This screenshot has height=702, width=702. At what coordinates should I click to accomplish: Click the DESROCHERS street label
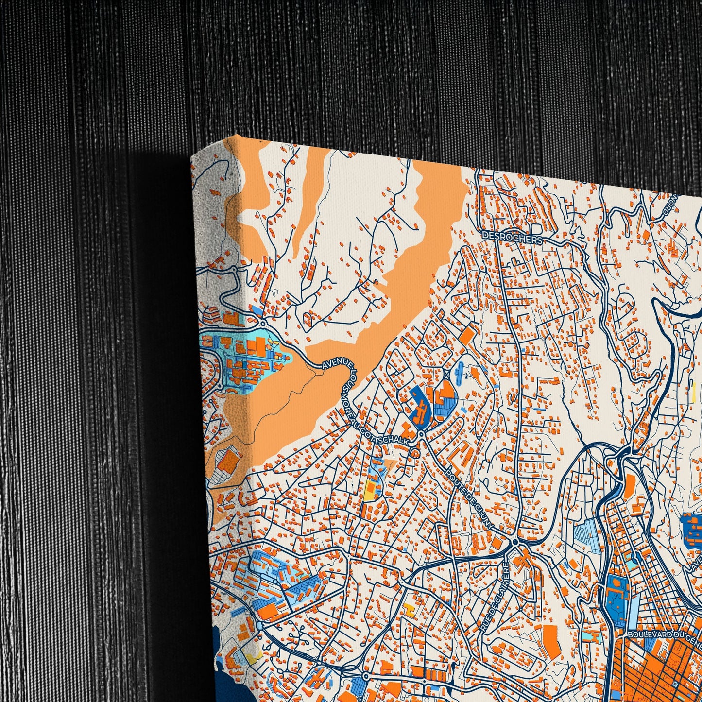click(511, 237)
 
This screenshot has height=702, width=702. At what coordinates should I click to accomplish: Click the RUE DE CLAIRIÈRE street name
click(494, 598)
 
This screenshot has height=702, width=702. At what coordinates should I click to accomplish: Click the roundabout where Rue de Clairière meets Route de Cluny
click(515, 541)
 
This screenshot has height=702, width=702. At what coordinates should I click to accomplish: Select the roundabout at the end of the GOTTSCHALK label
click(421, 434)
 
